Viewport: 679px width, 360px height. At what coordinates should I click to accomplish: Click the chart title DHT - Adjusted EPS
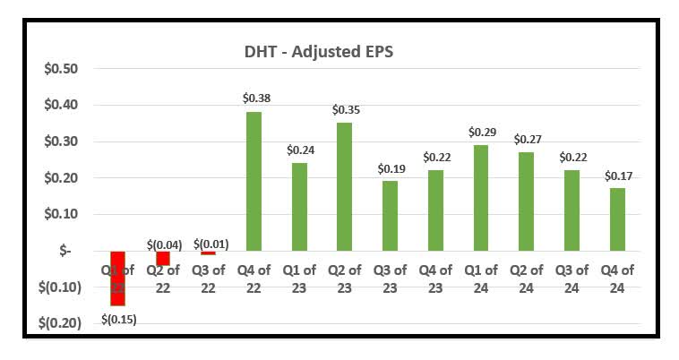click(x=332, y=52)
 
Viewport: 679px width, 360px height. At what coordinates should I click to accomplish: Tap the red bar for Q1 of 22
click(x=118, y=278)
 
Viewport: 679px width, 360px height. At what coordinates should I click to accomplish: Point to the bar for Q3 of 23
click(x=390, y=216)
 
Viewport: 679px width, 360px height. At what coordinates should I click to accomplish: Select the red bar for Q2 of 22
click(x=163, y=258)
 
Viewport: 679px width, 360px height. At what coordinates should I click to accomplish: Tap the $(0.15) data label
click(x=118, y=319)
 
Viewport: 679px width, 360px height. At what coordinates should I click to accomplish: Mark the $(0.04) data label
click(x=163, y=244)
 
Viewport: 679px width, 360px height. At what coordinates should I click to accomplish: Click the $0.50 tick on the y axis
click(x=61, y=69)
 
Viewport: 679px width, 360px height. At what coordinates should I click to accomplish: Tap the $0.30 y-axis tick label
click(x=61, y=141)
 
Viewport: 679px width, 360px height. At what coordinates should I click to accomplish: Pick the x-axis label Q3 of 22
click(x=208, y=278)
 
